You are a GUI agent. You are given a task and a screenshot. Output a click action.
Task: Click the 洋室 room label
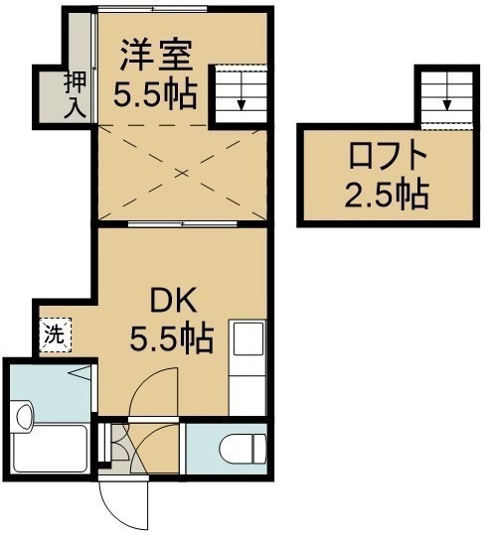click(x=155, y=56)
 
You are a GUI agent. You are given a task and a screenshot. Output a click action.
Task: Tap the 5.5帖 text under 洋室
click(x=155, y=95)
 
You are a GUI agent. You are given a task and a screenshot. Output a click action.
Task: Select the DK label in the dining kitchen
click(x=174, y=300)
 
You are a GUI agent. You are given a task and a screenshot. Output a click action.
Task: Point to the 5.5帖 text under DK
click(x=172, y=338)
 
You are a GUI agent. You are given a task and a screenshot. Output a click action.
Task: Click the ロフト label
click(x=389, y=156)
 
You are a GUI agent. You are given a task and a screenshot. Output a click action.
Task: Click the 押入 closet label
click(x=76, y=95)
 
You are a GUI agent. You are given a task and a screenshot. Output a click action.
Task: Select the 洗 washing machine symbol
click(x=56, y=335)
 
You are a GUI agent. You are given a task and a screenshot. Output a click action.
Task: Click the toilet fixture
click(x=243, y=449)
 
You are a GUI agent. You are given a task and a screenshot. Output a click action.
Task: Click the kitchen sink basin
click(x=248, y=338)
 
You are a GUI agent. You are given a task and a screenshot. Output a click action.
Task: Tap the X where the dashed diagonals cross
click(x=183, y=174)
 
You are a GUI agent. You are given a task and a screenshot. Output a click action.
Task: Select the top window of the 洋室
click(x=153, y=10)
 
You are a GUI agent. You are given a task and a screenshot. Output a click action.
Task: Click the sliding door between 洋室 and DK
click(x=183, y=224)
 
